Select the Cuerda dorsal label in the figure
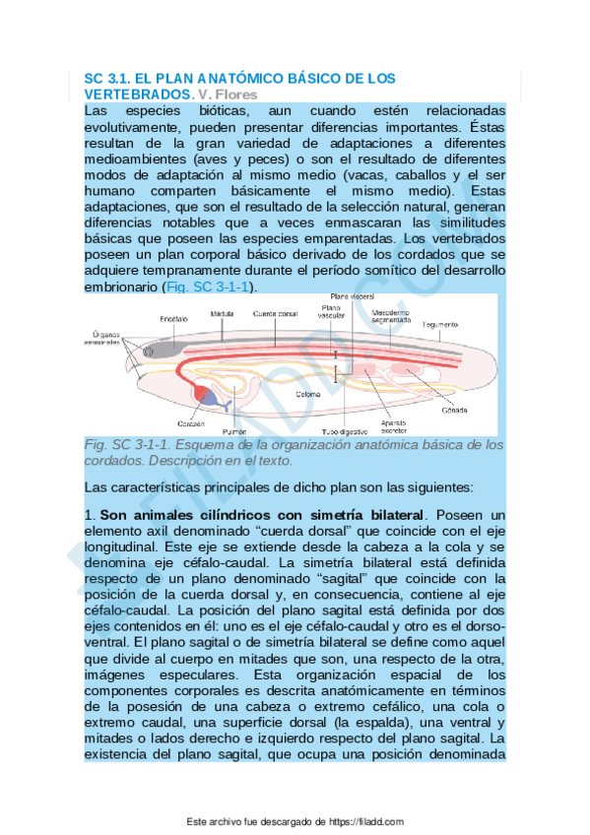coord(274,314)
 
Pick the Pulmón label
coord(232,431)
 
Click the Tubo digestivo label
coord(345,431)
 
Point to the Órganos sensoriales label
coord(102,336)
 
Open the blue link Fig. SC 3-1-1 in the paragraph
coord(208,287)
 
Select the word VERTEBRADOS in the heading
coord(138,95)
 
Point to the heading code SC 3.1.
coord(106,78)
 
